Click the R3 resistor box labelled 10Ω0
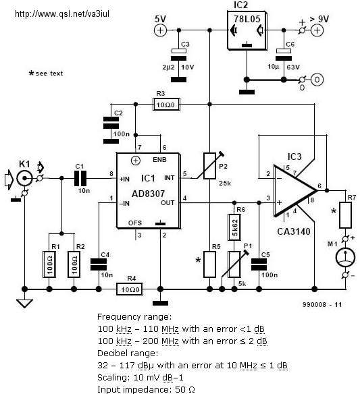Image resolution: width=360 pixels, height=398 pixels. [166, 105]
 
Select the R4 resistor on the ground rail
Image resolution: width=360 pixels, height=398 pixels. [130, 289]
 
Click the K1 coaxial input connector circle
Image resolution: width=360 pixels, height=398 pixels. [24, 178]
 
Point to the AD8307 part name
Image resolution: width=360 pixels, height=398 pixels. [148, 194]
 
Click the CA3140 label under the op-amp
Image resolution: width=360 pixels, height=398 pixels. [294, 231]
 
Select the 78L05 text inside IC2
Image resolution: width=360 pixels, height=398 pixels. [247, 19]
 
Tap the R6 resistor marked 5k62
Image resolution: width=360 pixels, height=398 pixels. [234, 227]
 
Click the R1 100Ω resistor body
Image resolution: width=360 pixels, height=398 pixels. [49, 264]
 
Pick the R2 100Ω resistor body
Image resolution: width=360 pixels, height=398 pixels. [74, 264]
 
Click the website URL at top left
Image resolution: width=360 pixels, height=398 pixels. [62, 13]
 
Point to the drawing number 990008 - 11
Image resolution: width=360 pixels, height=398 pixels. [322, 305]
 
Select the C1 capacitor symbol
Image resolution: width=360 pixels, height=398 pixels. [80, 178]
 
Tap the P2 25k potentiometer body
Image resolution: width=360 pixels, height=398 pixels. [209, 166]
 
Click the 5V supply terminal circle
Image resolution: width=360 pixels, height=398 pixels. [160, 30]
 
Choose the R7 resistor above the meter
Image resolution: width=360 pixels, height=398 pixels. [346, 215]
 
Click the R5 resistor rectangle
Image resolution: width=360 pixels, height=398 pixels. [209, 264]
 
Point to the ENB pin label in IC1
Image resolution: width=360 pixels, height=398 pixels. [159, 160]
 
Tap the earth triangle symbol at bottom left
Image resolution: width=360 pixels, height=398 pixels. [24, 304]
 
